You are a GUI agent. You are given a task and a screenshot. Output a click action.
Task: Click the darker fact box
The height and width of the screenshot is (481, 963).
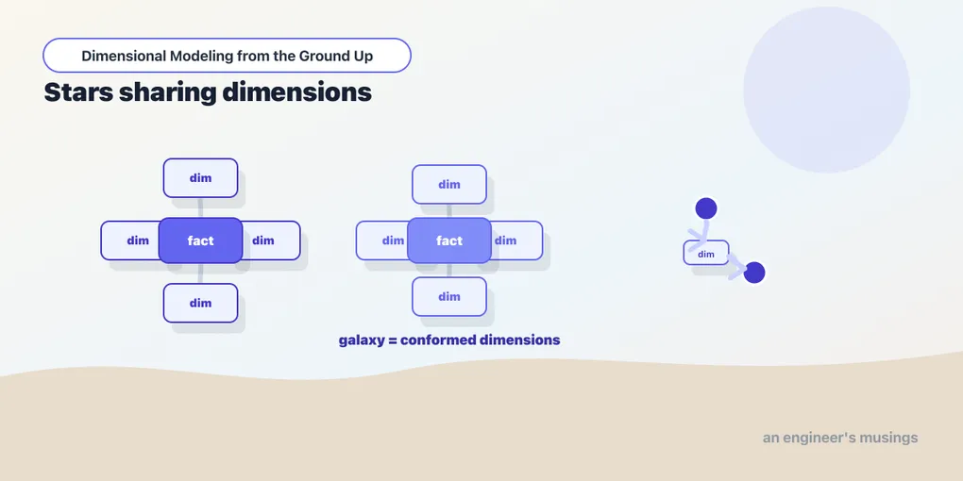tap(201, 240)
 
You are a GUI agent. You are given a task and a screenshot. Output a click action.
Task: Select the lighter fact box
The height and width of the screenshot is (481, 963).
tap(449, 240)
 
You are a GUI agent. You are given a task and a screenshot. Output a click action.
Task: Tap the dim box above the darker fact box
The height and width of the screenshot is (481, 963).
tap(201, 178)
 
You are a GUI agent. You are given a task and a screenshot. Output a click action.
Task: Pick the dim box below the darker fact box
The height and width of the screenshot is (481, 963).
tap(201, 303)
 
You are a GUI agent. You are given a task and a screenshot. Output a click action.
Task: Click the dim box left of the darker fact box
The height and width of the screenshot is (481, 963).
tap(130, 240)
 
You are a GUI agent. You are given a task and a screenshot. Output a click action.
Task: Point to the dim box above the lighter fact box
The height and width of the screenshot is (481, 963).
tap(449, 184)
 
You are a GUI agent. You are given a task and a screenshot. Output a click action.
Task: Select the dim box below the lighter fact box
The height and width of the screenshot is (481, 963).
tap(449, 296)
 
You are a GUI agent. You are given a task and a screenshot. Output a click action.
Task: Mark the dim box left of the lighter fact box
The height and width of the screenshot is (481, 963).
tap(383, 240)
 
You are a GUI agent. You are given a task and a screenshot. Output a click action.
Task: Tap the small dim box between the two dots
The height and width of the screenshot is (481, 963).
tap(706, 253)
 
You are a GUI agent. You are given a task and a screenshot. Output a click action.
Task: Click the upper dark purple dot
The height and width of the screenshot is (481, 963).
tap(706, 208)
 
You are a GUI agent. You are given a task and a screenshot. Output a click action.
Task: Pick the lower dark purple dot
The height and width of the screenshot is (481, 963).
tap(754, 273)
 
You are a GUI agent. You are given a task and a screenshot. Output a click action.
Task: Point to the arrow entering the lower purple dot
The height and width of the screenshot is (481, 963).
tap(736, 265)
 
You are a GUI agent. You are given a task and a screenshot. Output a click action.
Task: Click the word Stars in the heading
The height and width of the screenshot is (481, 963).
tap(78, 92)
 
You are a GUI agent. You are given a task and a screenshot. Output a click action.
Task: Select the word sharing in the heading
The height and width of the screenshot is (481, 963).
tap(167, 93)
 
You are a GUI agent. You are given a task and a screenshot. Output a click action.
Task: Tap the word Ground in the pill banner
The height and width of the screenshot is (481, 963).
tap(323, 56)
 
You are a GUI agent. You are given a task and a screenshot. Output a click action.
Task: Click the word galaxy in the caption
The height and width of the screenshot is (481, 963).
tap(361, 340)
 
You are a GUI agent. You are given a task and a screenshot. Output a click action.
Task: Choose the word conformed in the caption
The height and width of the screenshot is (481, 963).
tap(437, 340)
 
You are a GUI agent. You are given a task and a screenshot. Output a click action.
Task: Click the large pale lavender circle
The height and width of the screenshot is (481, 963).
tap(827, 90)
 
